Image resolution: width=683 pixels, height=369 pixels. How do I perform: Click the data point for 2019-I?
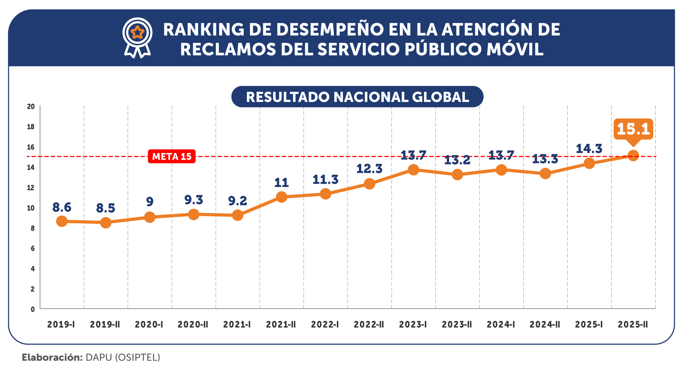click(x=62, y=221)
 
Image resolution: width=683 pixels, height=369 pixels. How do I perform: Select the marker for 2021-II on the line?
click(x=281, y=197)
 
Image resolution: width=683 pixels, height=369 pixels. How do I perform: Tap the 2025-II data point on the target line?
click(x=633, y=155)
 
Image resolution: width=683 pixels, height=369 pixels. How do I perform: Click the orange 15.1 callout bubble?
click(x=633, y=129)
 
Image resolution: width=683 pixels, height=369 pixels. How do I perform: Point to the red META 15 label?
click(x=171, y=157)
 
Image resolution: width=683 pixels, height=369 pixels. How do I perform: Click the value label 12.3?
click(x=369, y=169)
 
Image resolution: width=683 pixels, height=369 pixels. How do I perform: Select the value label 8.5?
click(x=106, y=208)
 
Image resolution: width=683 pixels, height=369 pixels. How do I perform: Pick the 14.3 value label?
click(x=589, y=149)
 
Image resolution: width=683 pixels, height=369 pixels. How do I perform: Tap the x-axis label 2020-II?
click(x=193, y=325)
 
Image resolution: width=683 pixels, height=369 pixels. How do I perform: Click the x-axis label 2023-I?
click(x=413, y=325)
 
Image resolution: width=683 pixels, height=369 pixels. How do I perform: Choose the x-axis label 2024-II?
click(x=545, y=325)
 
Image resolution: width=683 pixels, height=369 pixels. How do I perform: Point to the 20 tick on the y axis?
click(x=31, y=106)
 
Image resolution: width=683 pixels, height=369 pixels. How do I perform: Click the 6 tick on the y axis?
click(x=33, y=248)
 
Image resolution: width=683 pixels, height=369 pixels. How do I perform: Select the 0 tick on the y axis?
click(x=33, y=309)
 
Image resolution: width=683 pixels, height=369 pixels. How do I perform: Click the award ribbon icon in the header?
click(x=138, y=38)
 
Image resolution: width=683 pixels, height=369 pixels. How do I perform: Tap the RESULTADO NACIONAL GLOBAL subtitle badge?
click(x=357, y=97)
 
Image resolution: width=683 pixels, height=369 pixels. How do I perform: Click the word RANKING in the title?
click(x=204, y=30)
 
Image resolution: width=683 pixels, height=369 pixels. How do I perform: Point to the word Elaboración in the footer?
click(x=52, y=357)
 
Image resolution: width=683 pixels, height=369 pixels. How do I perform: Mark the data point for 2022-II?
click(x=369, y=184)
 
